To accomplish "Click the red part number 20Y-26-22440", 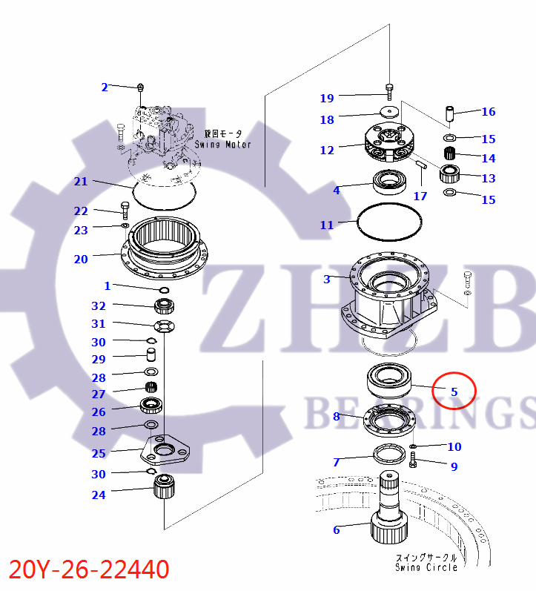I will pos(89,569).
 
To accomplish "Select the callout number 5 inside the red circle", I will pos(454,392).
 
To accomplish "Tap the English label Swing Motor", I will pos(222,143).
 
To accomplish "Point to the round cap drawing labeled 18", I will pos(389,113).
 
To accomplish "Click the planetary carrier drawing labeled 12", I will pos(389,145).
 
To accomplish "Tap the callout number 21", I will pos(81,182).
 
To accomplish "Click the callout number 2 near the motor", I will pos(105,88).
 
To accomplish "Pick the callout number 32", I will pos(99,306).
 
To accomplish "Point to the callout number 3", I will pos(327,280).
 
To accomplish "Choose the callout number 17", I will pos(420,197).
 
